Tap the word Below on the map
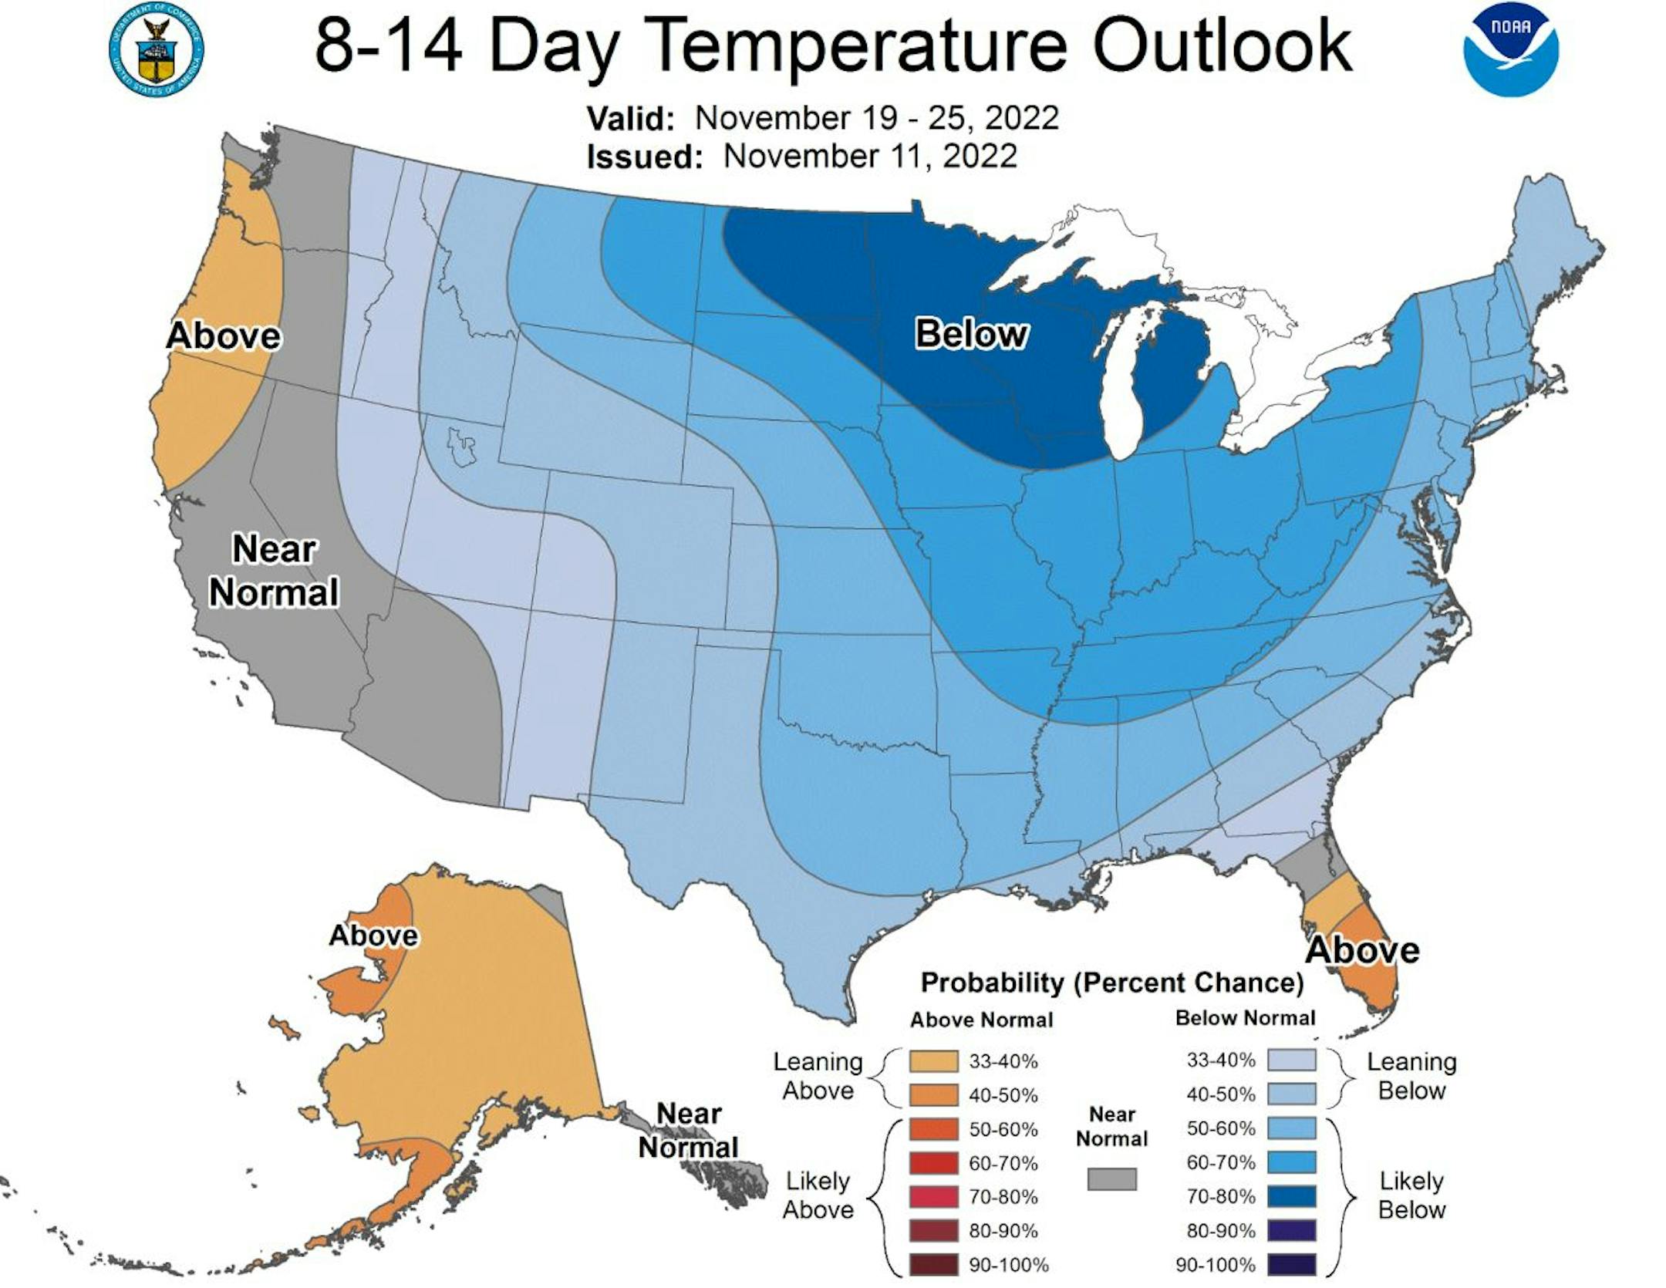point(971,334)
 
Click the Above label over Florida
point(1361,949)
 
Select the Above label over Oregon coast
point(224,335)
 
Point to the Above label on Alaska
point(373,936)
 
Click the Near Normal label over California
point(274,572)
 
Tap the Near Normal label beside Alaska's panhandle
point(688,1130)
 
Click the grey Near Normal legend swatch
point(1111,1178)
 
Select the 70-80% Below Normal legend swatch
point(1293,1196)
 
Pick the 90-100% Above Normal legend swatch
point(933,1265)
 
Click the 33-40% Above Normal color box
point(933,1061)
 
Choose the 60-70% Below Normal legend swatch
point(1293,1162)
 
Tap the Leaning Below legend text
point(1411,1077)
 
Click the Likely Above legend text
point(818,1195)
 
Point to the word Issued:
point(644,157)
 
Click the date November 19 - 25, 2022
point(877,118)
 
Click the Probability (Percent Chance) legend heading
point(1112,983)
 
